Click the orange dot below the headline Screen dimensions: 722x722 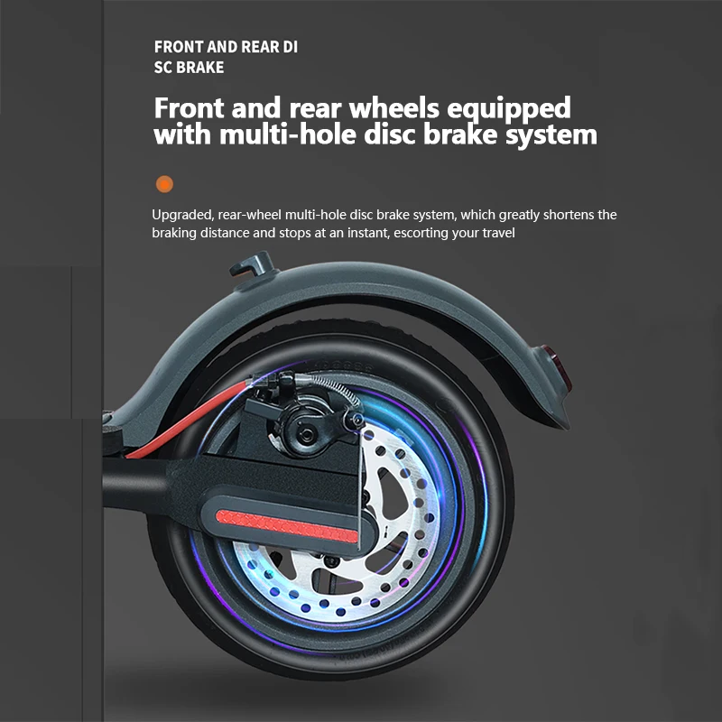(164, 184)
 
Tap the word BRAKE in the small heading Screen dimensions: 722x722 (199, 67)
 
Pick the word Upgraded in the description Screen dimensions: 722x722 (180, 215)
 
